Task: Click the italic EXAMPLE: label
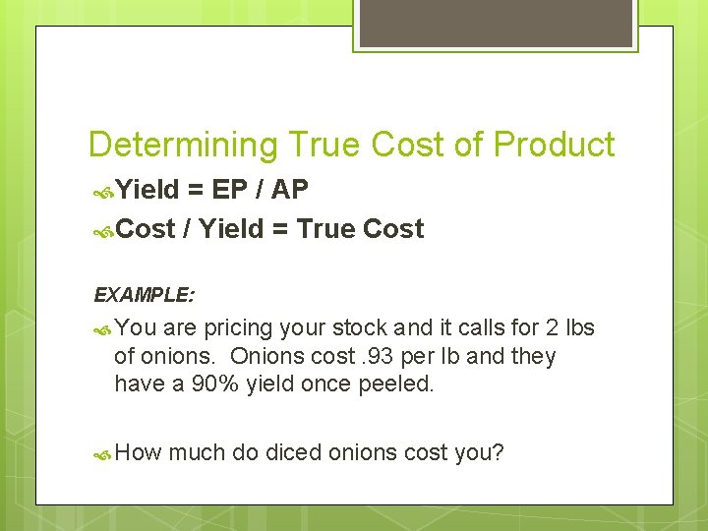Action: coord(145,294)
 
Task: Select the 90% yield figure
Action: coord(215,383)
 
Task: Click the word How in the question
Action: coord(138,452)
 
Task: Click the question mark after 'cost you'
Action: coord(499,452)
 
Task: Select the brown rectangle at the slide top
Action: coord(496,24)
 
